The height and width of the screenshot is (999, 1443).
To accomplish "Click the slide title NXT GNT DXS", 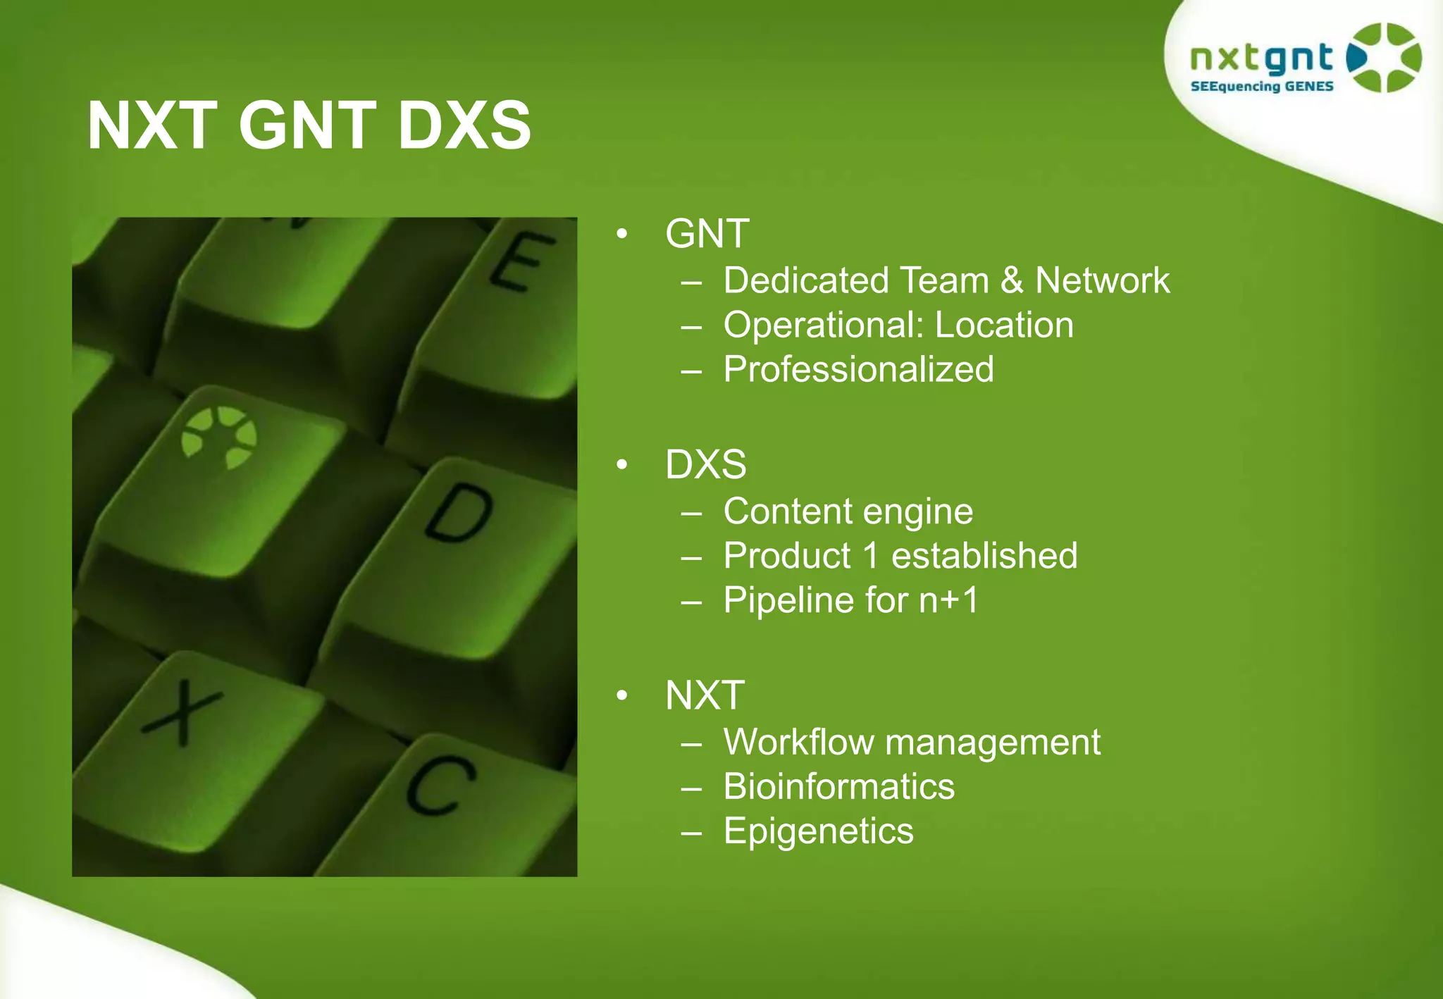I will [x=309, y=125].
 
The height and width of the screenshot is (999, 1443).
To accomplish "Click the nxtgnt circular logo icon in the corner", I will [x=1383, y=58].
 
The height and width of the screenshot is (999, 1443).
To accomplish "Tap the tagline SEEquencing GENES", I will [x=1261, y=87].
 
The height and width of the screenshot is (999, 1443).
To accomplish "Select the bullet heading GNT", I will [x=707, y=233].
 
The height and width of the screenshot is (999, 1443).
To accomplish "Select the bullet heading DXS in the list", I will [x=705, y=464].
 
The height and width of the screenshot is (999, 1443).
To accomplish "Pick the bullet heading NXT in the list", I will [x=705, y=695].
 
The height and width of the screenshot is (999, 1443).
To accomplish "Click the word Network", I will [x=1102, y=280].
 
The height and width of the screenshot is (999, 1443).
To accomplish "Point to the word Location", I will [x=1004, y=325].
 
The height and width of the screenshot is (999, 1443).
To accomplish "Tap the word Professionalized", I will [x=858, y=369].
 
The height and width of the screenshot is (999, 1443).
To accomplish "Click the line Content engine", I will [x=848, y=511].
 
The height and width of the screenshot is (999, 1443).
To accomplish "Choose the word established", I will [x=984, y=556].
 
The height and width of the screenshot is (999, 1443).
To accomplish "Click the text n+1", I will [x=948, y=600].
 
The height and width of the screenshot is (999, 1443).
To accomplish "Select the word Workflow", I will [x=798, y=742].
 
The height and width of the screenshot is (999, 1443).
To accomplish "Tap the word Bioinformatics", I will [x=838, y=786].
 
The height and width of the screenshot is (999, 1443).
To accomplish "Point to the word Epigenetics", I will [x=818, y=831].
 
